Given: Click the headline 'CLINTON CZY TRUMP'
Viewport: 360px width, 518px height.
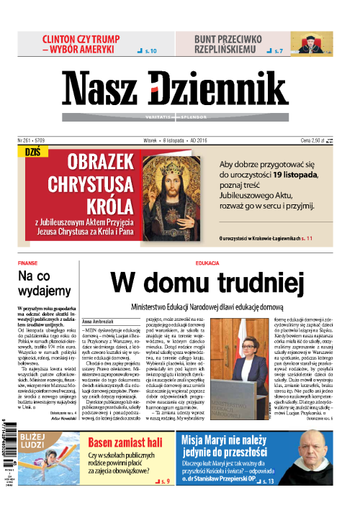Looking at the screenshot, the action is click(x=78, y=40).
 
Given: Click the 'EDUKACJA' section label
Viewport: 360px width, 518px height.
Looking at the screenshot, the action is click(x=207, y=263).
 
